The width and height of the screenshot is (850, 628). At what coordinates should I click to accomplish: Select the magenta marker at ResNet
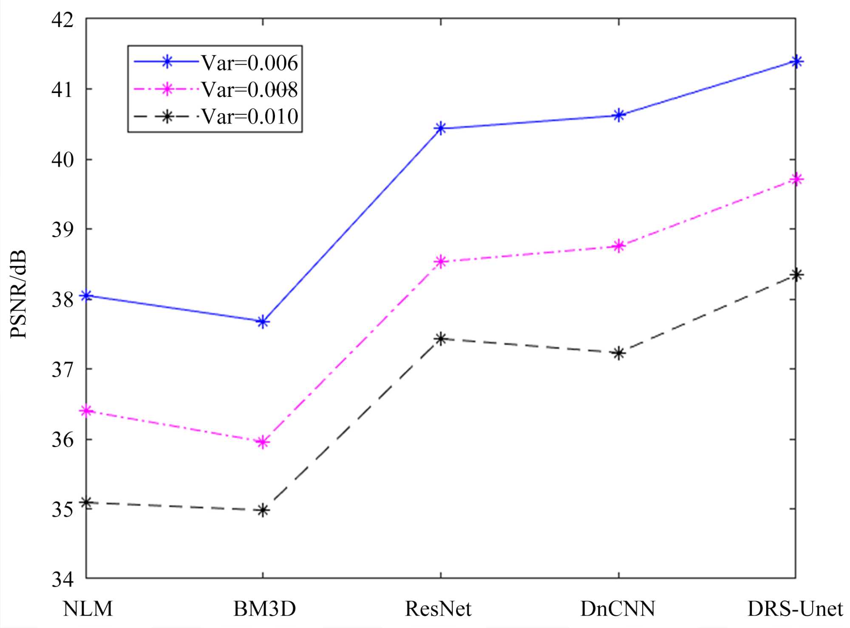coord(441,261)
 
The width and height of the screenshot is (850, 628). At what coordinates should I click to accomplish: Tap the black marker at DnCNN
coord(619,353)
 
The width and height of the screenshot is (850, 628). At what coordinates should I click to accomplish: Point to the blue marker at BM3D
coord(263,322)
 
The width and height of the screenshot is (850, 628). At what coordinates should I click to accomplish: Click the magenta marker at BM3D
coord(263,442)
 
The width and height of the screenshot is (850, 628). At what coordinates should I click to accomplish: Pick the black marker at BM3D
coord(263,510)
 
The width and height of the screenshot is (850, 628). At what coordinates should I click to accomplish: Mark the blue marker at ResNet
coord(441,128)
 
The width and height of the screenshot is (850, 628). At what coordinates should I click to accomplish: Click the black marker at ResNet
coord(441,339)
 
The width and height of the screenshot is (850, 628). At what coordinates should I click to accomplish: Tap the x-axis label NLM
coord(88,609)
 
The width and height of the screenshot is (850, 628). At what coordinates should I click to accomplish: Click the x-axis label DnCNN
coord(618,609)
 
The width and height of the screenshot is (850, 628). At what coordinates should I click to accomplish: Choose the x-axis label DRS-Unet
coord(795,609)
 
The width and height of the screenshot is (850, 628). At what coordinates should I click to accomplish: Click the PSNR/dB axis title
coord(19,294)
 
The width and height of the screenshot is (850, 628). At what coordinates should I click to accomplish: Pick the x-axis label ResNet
coord(438,609)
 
